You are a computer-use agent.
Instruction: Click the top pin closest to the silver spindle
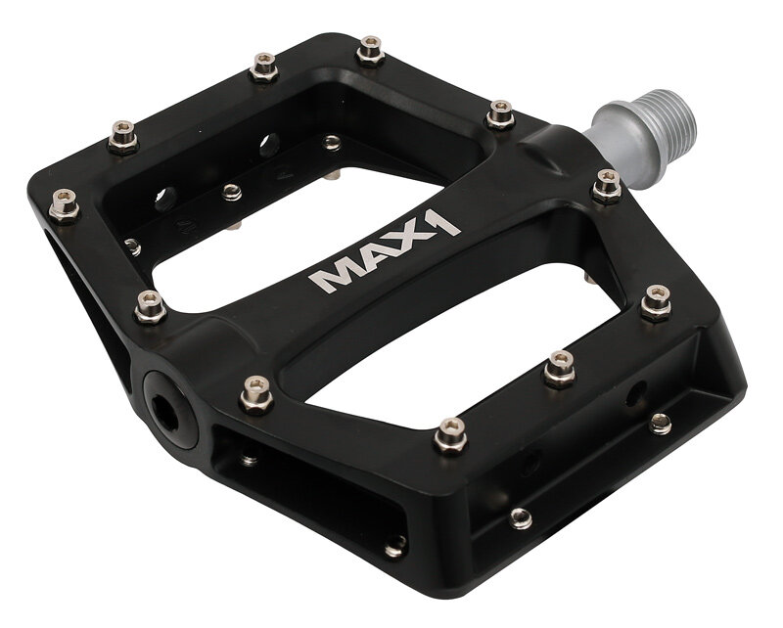pos(607,184)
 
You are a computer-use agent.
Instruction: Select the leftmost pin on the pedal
pos(64,204)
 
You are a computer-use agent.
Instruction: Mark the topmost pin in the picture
pos(370,48)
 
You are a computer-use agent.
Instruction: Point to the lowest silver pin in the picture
pos(395,546)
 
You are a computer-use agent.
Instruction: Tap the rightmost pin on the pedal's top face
pos(657,302)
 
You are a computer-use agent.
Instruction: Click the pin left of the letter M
pos(149,305)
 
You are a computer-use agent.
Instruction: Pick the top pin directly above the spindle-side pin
pos(500,113)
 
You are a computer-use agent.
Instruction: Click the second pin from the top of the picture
pos(263,66)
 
